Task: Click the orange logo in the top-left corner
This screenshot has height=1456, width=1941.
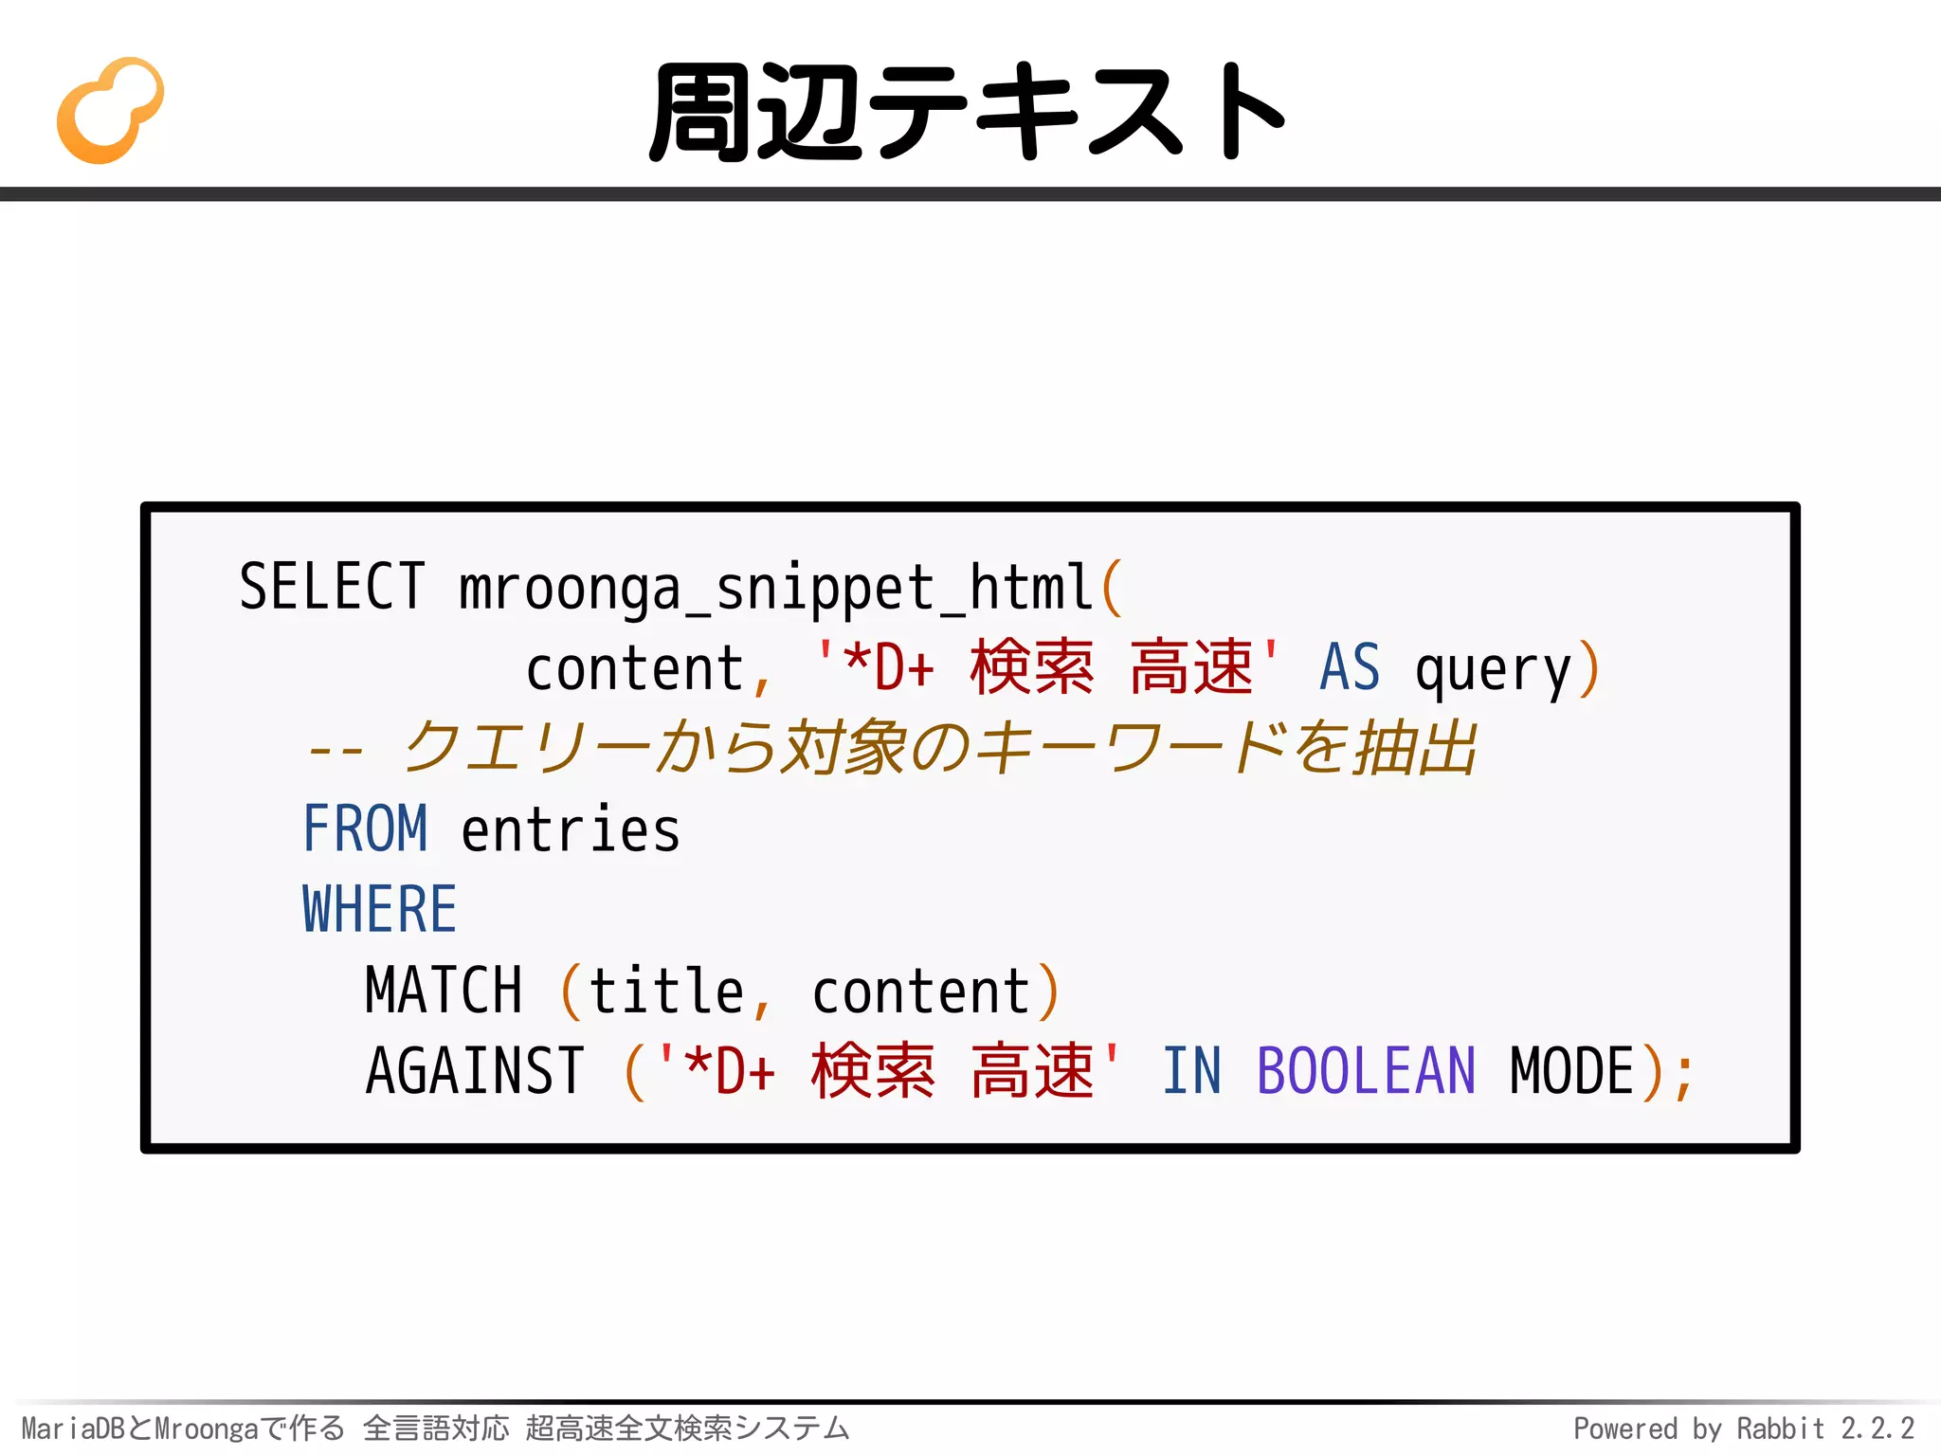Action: coord(110,110)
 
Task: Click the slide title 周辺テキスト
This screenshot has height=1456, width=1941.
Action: coord(967,112)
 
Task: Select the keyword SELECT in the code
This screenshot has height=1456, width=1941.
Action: coord(332,587)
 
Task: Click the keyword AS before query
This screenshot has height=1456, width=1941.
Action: coord(1350,668)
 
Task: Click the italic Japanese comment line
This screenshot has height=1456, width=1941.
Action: coord(891,749)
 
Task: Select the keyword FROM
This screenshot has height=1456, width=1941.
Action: coord(365,829)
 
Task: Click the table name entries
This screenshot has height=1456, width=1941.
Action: coord(571,830)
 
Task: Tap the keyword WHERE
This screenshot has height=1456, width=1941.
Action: coord(379,910)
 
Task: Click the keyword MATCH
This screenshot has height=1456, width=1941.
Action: coord(444,991)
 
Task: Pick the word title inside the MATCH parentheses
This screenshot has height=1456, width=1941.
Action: coord(666,991)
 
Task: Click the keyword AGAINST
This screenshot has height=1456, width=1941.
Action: coord(475,1071)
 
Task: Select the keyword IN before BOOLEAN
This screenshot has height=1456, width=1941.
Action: coord(1192,1071)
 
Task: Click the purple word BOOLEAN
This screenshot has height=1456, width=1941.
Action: coord(1366,1071)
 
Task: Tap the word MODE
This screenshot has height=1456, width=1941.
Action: coord(1572,1071)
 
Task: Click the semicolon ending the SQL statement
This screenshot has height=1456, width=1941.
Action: coord(1683,1076)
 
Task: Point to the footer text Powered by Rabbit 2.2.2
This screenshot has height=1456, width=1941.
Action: coord(1744,1429)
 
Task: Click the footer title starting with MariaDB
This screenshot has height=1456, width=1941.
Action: coord(435,1429)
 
